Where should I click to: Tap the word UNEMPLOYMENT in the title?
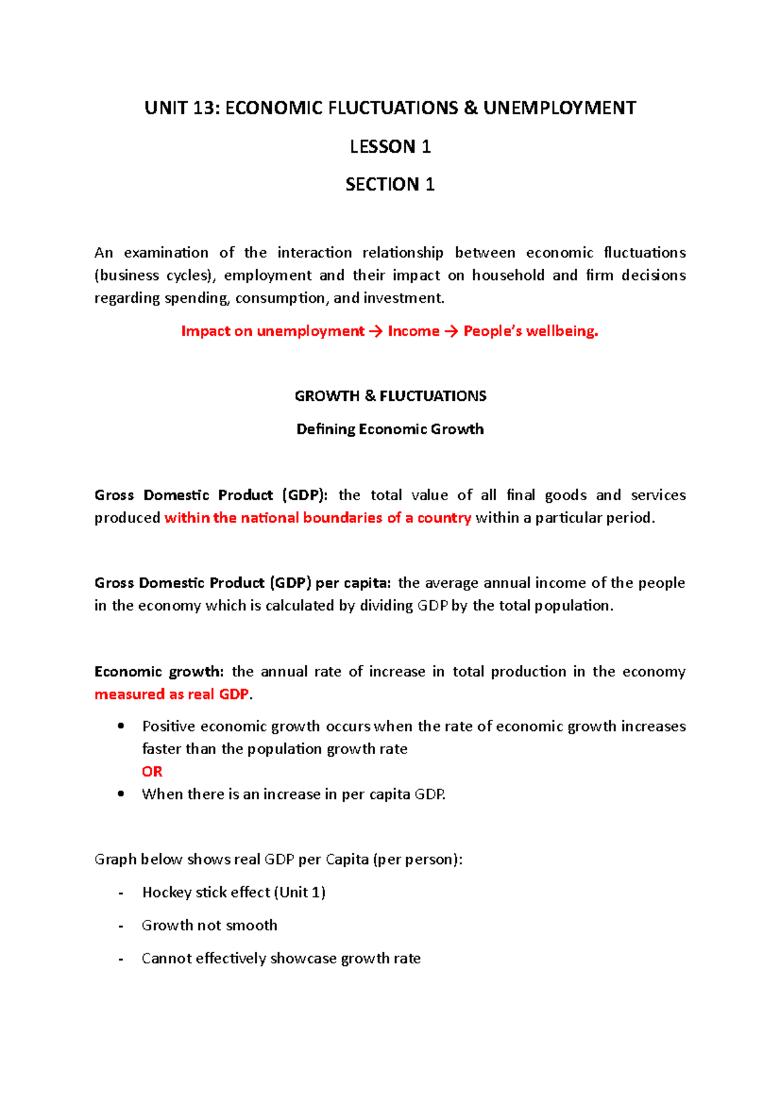pyautogui.click(x=559, y=108)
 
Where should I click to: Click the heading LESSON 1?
pyautogui.click(x=390, y=147)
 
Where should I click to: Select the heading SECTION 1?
pyautogui.click(x=390, y=185)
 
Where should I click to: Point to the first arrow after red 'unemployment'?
pyautogui.click(x=376, y=331)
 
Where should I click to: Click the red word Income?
pyautogui.click(x=413, y=331)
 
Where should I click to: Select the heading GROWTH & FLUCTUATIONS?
pyautogui.click(x=390, y=396)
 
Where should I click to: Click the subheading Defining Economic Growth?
pyautogui.click(x=390, y=429)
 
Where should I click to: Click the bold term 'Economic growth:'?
pyautogui.click(x=159, y=672)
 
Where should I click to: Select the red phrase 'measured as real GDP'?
pyautogui.click(x=172, y=694)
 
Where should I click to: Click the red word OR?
pyautogui.click(x=152, y=772)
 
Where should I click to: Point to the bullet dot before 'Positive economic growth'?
pyautogui.click(x=121, y=726)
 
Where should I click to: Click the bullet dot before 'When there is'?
pyautogui.click(x=121, y=794)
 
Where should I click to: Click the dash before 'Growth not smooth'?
pyautogui.click(x=121, y=926)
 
